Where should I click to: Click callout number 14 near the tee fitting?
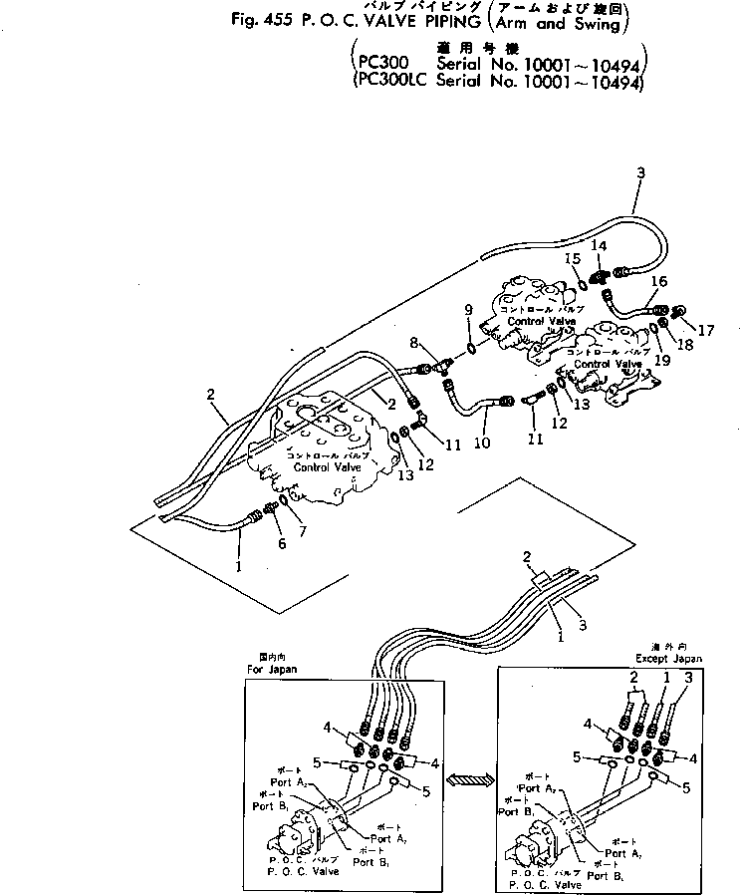coord(599,245)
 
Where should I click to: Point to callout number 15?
coord(573,259)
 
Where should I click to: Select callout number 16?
coord(658,282)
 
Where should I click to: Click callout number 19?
coord(662,361)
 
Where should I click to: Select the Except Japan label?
coord(668,659)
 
